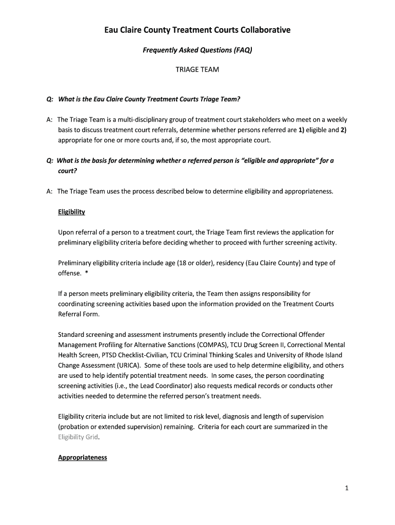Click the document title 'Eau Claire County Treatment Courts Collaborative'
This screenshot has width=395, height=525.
point(197,30)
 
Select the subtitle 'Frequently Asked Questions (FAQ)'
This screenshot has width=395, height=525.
point(197,50)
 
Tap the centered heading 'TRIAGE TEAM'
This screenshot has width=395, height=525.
point(197,70)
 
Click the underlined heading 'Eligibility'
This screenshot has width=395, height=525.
point(71,212)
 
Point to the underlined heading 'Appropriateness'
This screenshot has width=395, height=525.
point(83,457)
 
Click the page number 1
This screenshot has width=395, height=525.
point(347,488)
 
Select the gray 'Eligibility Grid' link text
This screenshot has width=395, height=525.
point(77,437)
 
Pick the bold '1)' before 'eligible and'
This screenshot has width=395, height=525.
point(302,130)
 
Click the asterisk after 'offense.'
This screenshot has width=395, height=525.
point(87,273)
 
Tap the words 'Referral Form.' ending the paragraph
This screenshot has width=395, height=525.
point(78,314)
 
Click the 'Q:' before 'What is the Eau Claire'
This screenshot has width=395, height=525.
point(50,99)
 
